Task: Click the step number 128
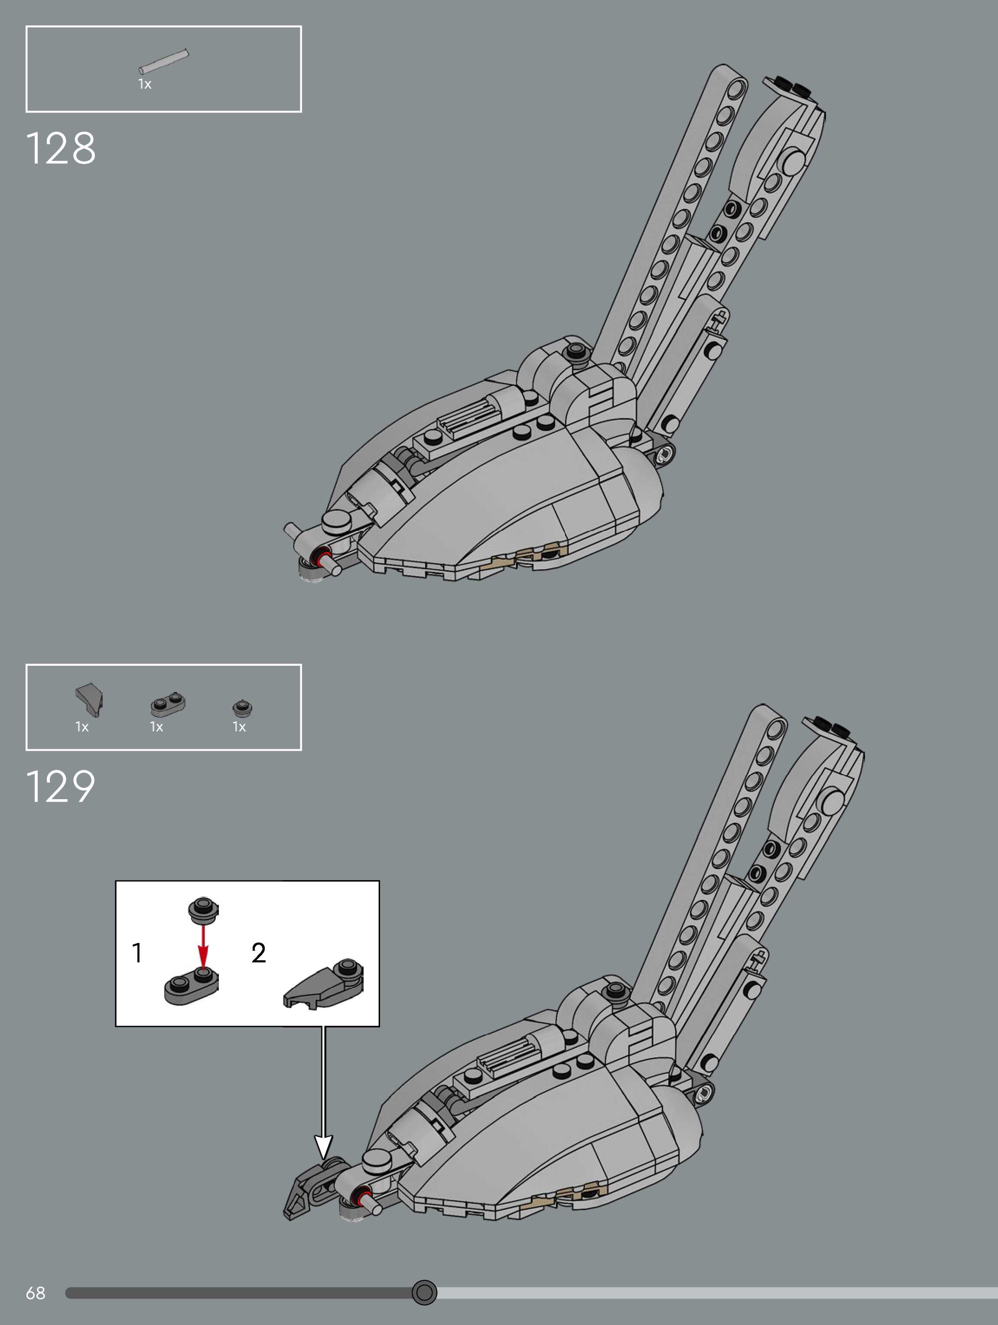61,148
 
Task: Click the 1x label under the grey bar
144,84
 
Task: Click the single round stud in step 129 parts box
242,708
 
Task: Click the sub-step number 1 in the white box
137,952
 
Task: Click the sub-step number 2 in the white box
258,952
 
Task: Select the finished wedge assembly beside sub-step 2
323,984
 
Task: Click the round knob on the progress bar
424,1292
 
